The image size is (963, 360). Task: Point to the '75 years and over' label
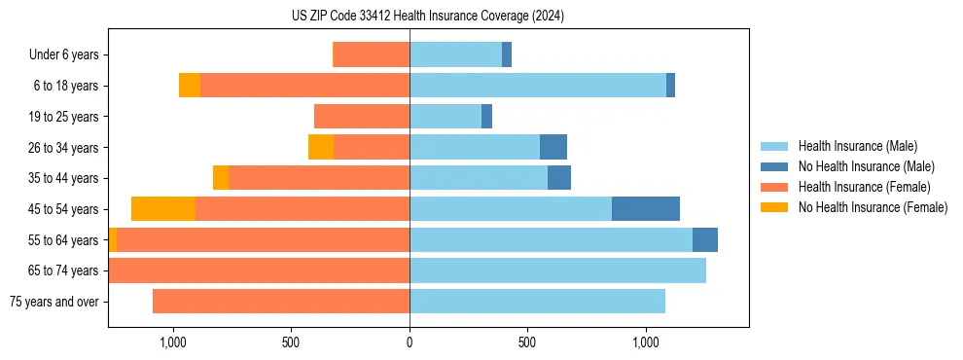pos(53,302)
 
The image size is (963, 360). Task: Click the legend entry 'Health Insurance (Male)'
pos(857,146)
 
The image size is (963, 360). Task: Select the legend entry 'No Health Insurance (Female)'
pos(873,207)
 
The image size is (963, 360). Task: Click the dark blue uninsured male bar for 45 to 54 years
pos(646,209)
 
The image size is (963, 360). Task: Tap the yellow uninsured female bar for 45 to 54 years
pos(163,209)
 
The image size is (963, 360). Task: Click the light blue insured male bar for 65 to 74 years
pos(557,270)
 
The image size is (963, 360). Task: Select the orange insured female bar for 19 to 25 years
pos(362,117)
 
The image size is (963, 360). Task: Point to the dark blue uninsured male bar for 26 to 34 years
pos(553,147)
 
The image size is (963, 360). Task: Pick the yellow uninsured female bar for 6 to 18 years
pos(190,86)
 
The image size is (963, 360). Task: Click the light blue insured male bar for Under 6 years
pos(455,55)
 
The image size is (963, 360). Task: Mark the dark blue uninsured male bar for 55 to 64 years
pos(705,240)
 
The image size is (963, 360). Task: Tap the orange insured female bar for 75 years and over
pos(281,302)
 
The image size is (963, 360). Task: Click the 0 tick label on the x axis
pos(410,343)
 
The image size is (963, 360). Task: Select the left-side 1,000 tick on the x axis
pos(172,343)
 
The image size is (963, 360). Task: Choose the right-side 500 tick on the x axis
pos(527,343)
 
